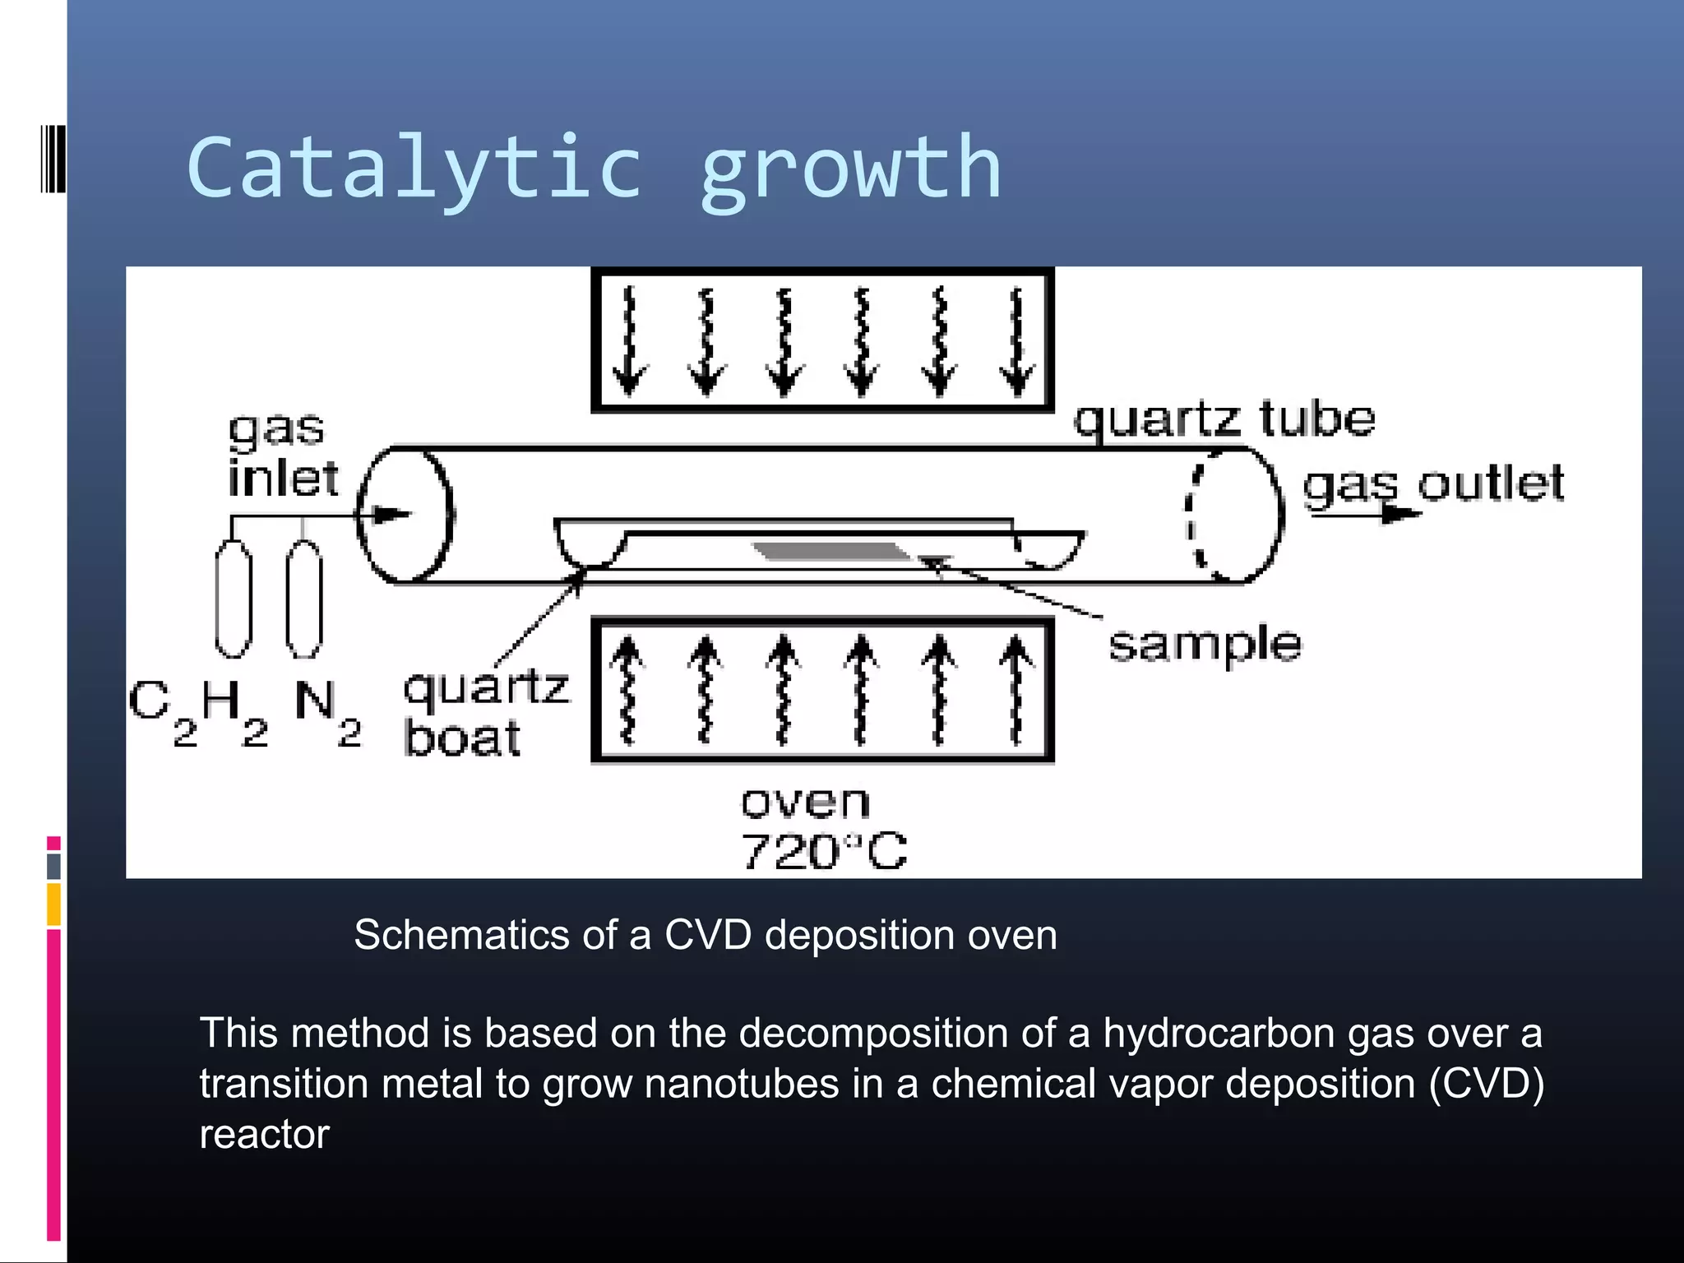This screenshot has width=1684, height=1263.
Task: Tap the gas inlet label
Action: pyautogui.click(x=281, y=455)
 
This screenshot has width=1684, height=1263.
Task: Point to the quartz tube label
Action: pyautogui.click(x=1224, y=419)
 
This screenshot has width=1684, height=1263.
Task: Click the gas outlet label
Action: pyautogui.click(x=1433, y=483)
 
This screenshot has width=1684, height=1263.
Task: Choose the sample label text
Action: pyautogui.click(x=1205, y=644)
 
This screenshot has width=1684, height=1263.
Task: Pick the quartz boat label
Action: pyautogui.click(x=485, y=712)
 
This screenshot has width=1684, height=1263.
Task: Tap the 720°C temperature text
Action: pyautogui.click(x=824, y=851)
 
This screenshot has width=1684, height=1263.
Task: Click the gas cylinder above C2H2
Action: pyautogui.click(x=234, y=599)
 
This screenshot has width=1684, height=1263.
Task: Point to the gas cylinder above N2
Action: pyautogui.click(x=304, y=599)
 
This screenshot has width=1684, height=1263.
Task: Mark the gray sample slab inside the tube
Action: pyautogui.click(x=830, y=550)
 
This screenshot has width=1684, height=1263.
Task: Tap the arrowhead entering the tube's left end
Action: pyautogui.click(x=392, y=516)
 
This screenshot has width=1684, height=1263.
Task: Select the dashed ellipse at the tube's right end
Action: pyautogui.click(x=1196, y=515)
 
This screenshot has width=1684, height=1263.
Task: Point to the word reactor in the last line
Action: pyautogui.click(x=264, y=1135)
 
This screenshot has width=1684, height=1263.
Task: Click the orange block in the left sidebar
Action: pyautogui.click(x=54, y=904)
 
